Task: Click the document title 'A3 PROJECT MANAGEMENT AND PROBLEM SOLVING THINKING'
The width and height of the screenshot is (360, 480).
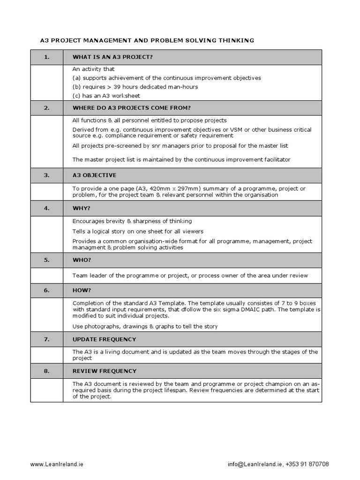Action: (147, 40)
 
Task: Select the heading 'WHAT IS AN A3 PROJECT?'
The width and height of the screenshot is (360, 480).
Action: (113, 57)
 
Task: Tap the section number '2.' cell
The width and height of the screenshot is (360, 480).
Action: (46, 108)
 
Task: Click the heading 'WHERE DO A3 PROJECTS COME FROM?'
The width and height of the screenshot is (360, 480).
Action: (131, 108)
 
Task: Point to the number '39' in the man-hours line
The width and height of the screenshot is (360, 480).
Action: (117, 87)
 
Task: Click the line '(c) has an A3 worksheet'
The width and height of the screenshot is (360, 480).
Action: (106, 96)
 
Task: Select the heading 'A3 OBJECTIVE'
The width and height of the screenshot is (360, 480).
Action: (94, 175)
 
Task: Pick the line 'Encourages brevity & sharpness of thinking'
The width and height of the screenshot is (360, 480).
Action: (132, 221)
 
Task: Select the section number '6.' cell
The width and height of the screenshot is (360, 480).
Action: (46, 290)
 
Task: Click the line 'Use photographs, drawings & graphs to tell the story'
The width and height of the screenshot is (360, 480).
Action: (145, 326)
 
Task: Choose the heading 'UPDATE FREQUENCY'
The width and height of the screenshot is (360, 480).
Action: (104, 339)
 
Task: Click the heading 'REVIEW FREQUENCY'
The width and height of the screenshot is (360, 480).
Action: (104, 371)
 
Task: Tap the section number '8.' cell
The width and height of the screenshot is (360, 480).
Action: (46, 371)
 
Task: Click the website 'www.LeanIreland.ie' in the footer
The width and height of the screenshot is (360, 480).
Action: (57, 464)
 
